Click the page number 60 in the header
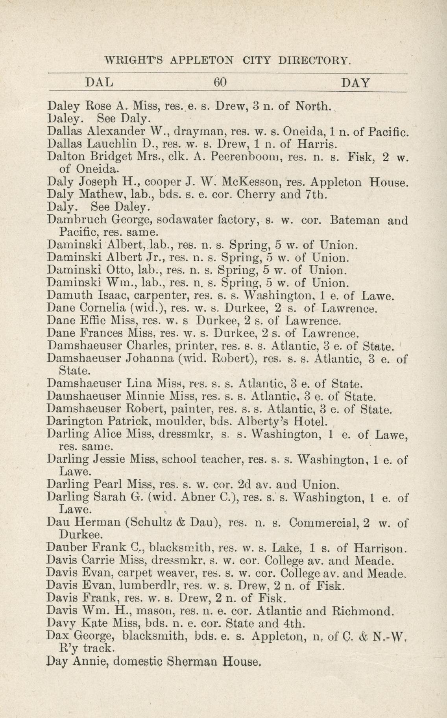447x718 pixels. (x=220, y=82)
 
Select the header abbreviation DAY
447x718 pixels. (x=356, y=83)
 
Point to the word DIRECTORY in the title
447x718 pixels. (x=314, y=61)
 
